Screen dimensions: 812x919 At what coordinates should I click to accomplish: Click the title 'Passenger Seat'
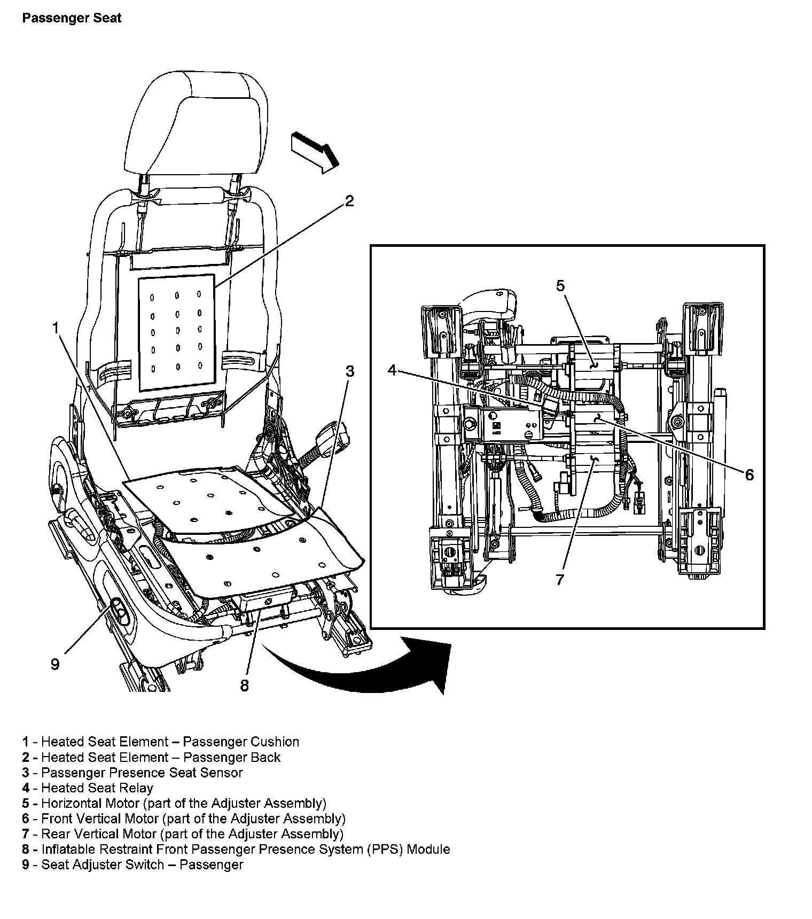[x=72, y=18]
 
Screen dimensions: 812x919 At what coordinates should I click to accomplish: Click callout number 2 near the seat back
[x=349, y=201]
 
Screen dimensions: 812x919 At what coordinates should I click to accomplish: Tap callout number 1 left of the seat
[x=56, y=328]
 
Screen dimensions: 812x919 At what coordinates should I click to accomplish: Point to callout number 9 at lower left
[x=55, y=664]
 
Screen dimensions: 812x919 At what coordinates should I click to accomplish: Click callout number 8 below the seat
[x=245, y=686]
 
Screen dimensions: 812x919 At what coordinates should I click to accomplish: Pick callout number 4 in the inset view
[x=393, y=370]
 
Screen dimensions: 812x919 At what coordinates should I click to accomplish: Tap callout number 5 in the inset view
[x=560, y=286]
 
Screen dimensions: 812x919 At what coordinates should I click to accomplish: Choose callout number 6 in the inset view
[x=749, y=474]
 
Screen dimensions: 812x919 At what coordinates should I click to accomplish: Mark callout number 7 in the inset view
[x=560, y=579]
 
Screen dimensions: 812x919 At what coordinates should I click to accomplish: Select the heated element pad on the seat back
[x=177, y=332]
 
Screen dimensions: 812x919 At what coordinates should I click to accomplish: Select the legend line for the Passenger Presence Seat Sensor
[x=132, y=773]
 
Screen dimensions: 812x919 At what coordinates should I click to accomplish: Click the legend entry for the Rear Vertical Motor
[x=183, y=834]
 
